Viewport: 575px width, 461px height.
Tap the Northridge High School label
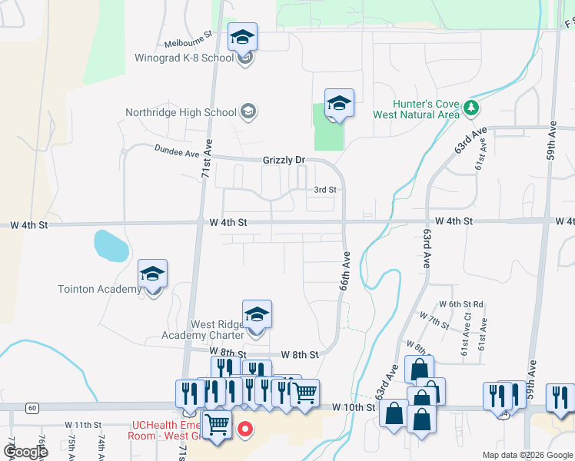(181, 112)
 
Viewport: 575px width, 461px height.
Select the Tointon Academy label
(99, 289)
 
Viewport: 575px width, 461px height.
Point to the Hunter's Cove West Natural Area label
(416, 109)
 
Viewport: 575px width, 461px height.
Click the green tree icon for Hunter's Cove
(471, 110)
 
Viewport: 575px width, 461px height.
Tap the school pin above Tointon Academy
(152, 274)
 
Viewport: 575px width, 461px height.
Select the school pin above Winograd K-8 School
(242, 37)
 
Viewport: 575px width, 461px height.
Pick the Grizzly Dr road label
(284, 160)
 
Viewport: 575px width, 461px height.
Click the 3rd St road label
(325, 190)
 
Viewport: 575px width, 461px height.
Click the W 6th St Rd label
(461, 304)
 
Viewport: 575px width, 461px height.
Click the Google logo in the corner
(25, 451)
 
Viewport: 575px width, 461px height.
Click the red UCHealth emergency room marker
(245, 429)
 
